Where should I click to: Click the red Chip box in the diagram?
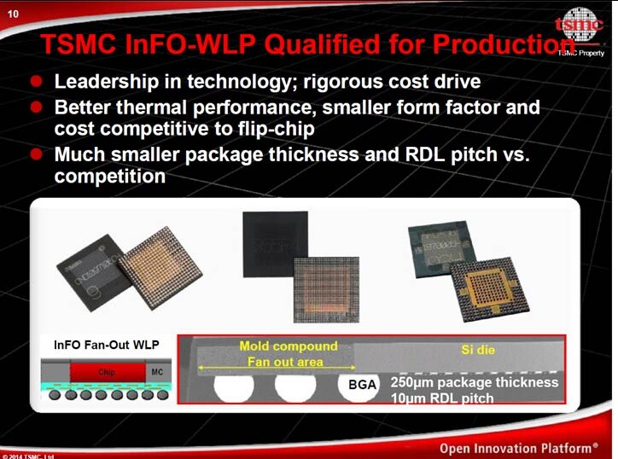[106, 372]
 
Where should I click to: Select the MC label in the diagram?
[156, 372]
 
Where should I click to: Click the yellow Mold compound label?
[288, 346]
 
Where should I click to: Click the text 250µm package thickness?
[474, 382]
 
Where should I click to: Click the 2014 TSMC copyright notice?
[27, 456]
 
